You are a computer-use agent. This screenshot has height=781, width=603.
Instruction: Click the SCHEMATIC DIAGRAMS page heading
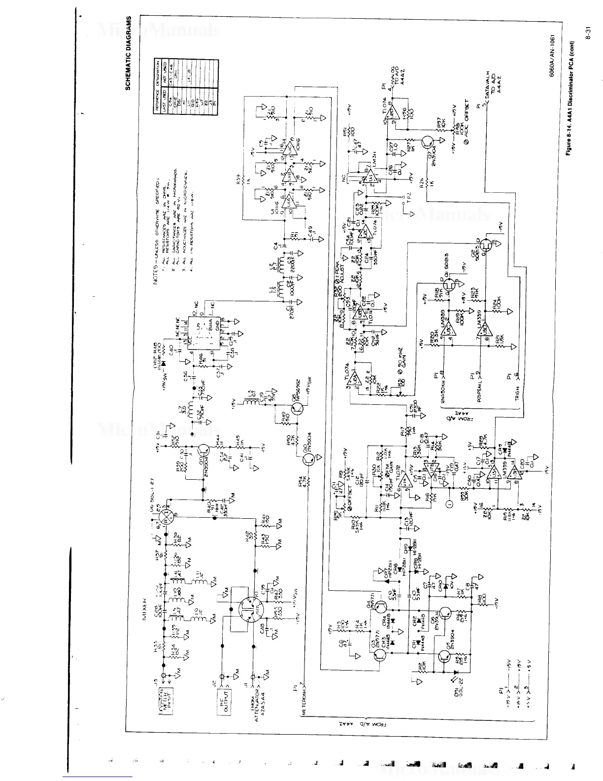(129, 53)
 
